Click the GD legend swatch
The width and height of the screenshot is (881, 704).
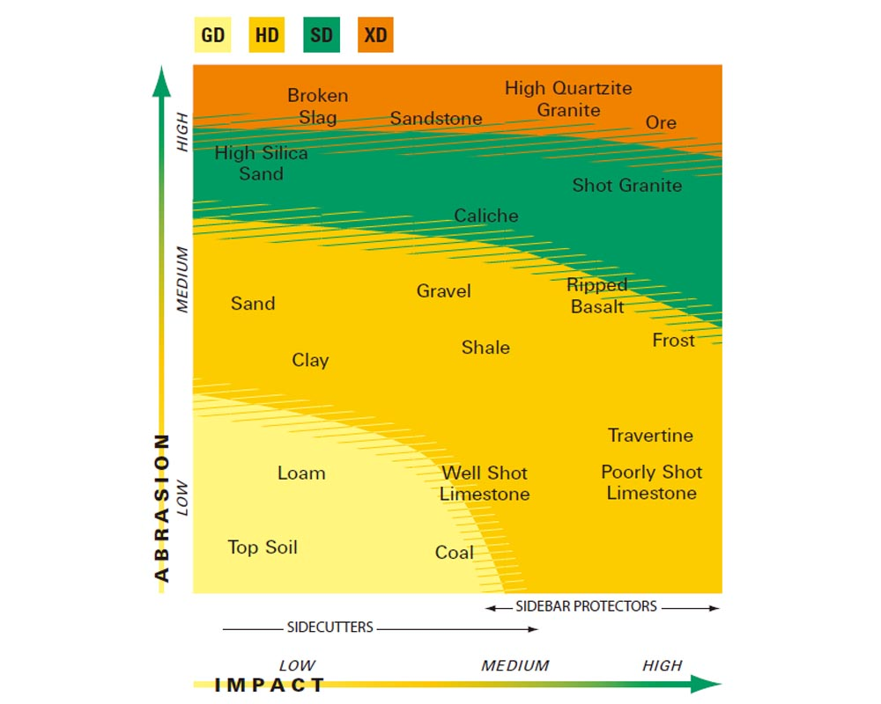(x=212, y=36)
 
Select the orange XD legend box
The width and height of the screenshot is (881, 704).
(x=375, y=36)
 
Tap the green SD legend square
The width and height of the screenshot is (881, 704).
(x=321, y=36)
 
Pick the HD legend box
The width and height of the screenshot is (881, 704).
(x=266, y=36)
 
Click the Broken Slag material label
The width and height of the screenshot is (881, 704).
(x=317, y=106)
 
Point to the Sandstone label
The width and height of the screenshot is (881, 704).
(x=436, y=118)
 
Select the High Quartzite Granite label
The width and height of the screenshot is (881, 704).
(x=568, y=99)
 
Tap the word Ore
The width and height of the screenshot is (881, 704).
(x=661, y=122)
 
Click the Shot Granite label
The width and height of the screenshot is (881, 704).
(x=626, y=185)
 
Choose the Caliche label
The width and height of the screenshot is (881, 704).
(x=486, y=216)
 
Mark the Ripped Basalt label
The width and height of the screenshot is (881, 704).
(x=597, y=296)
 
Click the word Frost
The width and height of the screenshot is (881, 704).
(x=673, y=340)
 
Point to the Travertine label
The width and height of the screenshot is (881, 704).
(x=650, y=435)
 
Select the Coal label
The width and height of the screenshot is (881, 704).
(x=455, y=553)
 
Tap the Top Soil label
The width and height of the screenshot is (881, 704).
(x=263, y=547)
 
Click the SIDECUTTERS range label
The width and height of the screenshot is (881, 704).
(x=330, y=627)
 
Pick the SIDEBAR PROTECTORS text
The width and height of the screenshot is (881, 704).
(x=586, y=606)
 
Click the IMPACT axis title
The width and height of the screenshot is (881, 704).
(x=270, y=685)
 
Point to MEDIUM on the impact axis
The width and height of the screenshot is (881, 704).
(x=515, y=665)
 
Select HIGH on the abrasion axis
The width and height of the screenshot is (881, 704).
(x=183, y=131)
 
